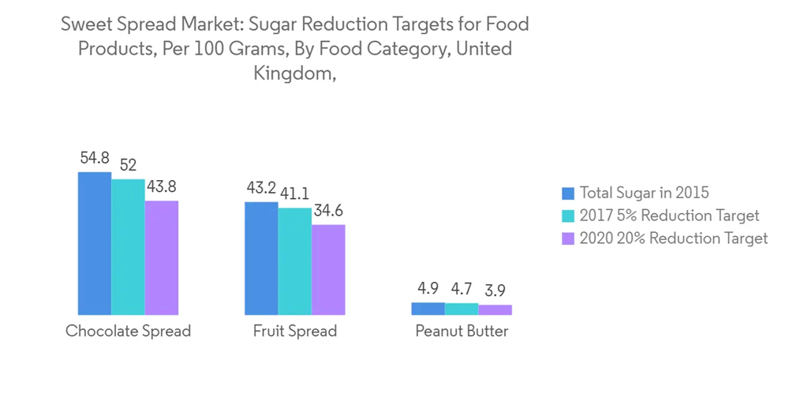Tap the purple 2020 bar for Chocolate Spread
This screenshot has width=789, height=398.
point(161,258)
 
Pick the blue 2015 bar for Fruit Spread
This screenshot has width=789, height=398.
point(261,258)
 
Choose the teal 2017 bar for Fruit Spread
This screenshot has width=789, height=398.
point(294,261)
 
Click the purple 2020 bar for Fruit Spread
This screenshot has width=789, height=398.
point(328,270)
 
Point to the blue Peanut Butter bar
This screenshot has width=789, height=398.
point(428,309)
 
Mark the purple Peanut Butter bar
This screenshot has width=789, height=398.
point(495,310)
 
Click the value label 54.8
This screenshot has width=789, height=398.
point(95,158)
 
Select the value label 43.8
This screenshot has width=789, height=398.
point(161,187)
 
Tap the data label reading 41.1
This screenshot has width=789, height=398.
point(294,193)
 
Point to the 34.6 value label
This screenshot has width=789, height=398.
point(328,211)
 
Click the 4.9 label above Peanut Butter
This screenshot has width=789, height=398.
point(428,289)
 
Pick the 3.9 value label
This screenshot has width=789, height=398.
point(495,291)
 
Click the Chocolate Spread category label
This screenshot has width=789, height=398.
point(128,331)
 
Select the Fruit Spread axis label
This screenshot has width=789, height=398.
point(294,331)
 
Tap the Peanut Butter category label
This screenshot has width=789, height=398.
point(462,331)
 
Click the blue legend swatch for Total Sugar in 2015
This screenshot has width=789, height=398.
point(568,193)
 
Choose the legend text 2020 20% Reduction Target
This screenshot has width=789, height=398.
point(673,238)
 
